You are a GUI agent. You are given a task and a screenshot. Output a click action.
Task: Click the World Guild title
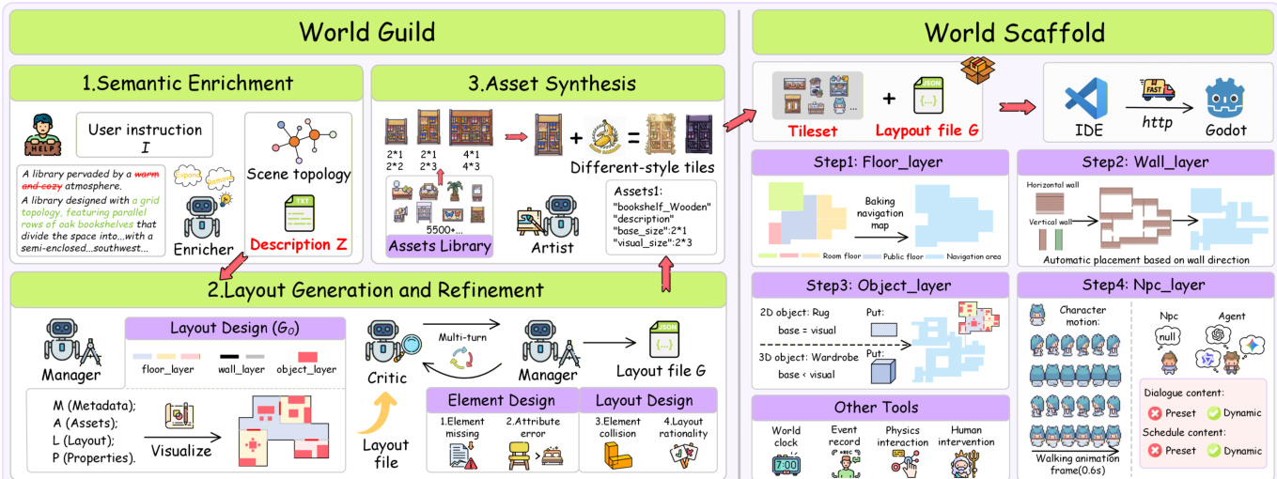point(366,32)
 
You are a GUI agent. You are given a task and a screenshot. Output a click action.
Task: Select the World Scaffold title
point(1013,32)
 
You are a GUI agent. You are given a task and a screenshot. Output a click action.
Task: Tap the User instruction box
point(145,136)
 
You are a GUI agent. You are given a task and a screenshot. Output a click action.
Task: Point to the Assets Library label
point(440,246)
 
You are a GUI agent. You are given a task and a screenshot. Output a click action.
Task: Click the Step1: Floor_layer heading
point(880,162)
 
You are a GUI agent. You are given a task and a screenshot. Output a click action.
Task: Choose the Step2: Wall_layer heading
point(1142,162)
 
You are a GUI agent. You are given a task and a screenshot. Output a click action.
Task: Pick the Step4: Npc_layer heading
point(1142,284)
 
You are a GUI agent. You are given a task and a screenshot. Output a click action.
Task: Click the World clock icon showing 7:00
point(786,465)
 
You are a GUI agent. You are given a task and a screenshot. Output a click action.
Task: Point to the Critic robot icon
point(385,343)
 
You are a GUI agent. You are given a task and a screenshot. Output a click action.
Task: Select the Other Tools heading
point(880,408)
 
